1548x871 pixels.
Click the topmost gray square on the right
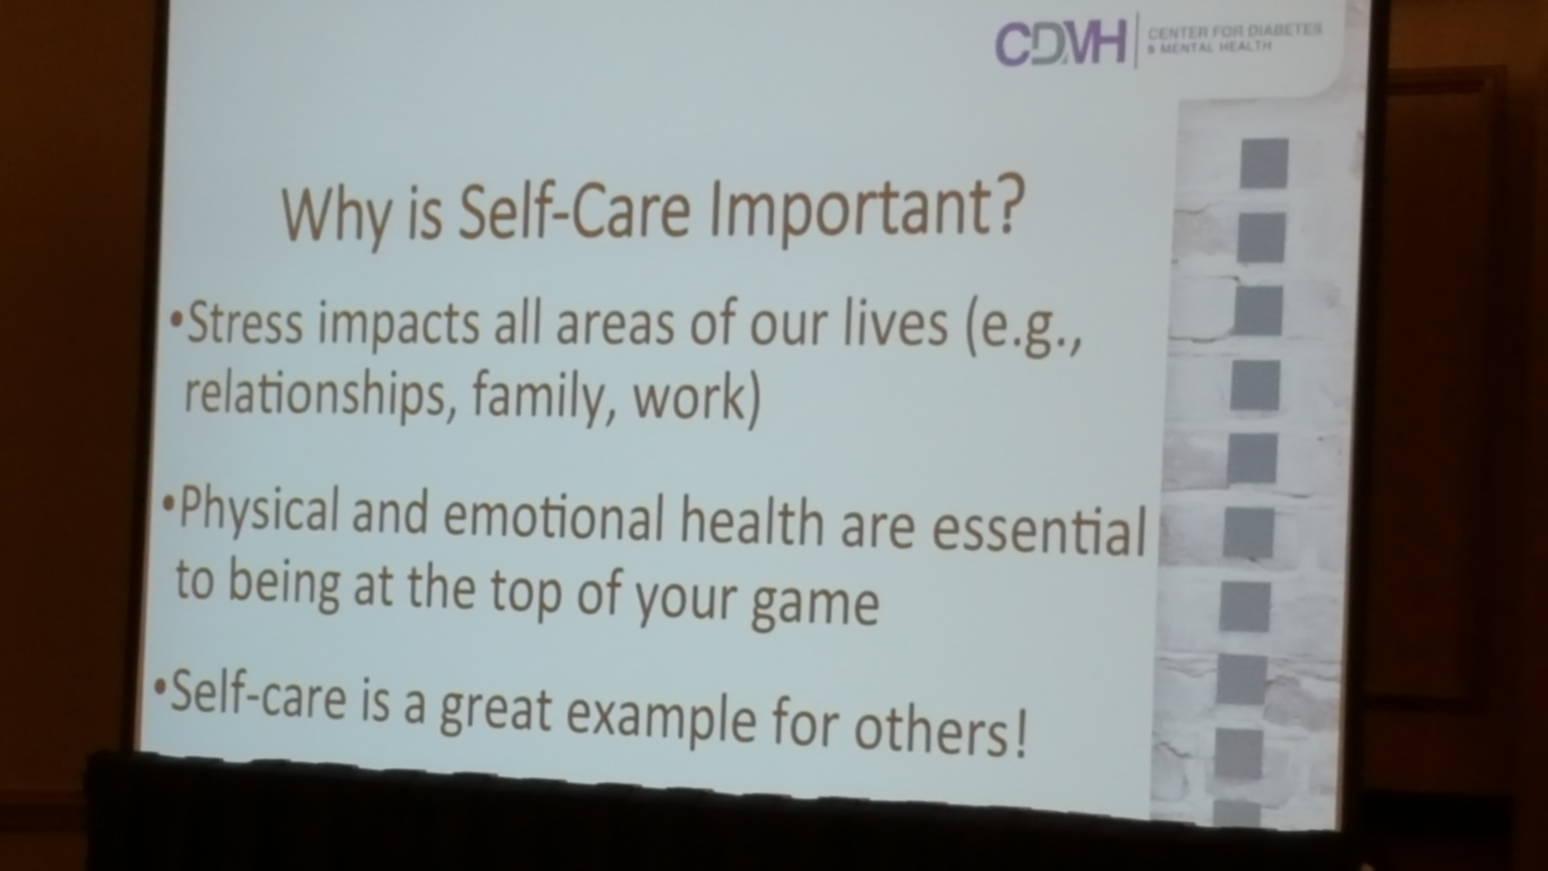coord(1264,163)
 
